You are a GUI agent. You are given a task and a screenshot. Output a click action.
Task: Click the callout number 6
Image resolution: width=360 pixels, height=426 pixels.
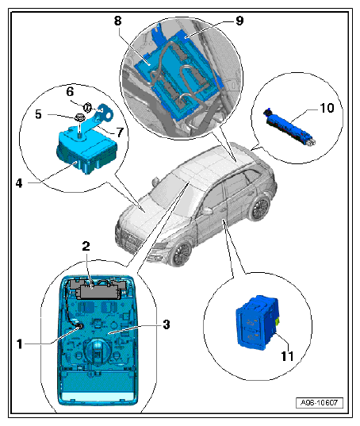[x=70, y=91]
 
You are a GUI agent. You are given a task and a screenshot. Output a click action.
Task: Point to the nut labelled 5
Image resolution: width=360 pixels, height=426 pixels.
[x=79, y=118]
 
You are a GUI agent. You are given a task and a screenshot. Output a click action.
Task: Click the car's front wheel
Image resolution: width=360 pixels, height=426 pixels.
[x=181, y=253]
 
